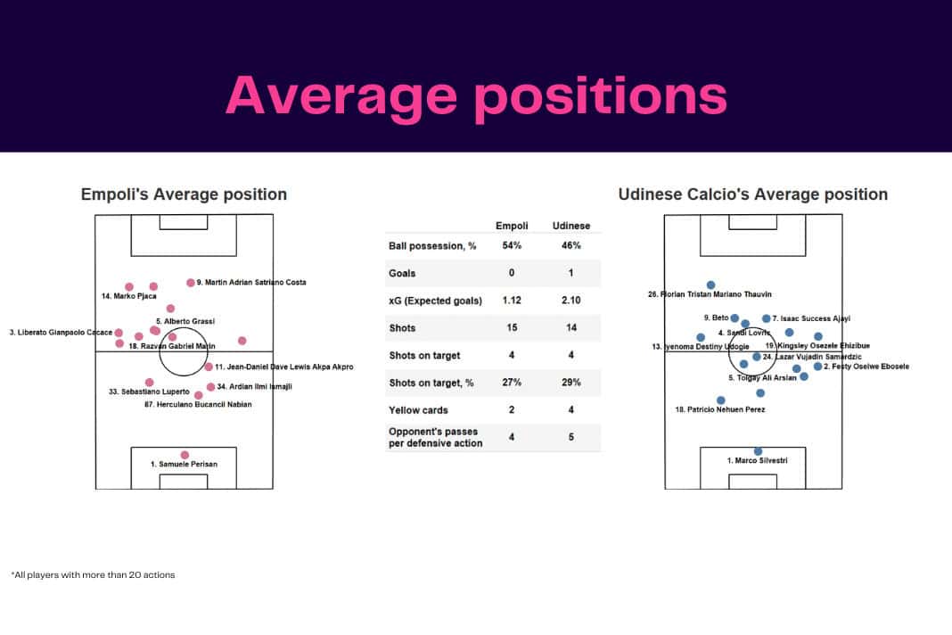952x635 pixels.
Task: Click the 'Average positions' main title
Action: (x=476, y=95)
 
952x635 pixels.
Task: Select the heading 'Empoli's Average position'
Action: (x=185, y=194)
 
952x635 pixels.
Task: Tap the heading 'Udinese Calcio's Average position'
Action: (x=753, y=194)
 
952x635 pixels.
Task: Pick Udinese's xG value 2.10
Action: (x=570, y=301)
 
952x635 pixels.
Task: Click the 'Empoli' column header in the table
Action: (x=512, y=226)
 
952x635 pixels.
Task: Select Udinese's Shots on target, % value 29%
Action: (x=570, y=383)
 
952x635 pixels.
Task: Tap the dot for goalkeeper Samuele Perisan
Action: (x=185, y=455)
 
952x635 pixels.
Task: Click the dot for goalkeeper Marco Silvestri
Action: (x=759, y=451)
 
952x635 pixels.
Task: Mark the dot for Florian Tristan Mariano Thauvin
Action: (x=710, y=285)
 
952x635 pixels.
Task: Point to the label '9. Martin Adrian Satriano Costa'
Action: (x=250, y=283)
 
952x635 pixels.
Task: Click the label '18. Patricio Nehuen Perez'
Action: (x=719, y=410)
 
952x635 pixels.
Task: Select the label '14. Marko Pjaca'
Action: (x=129, y=296)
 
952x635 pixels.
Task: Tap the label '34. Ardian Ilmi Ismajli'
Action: (x=254, y=387)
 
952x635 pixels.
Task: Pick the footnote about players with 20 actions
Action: (x=93, y=575)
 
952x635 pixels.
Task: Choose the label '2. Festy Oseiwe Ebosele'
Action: (x=866, y=367)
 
